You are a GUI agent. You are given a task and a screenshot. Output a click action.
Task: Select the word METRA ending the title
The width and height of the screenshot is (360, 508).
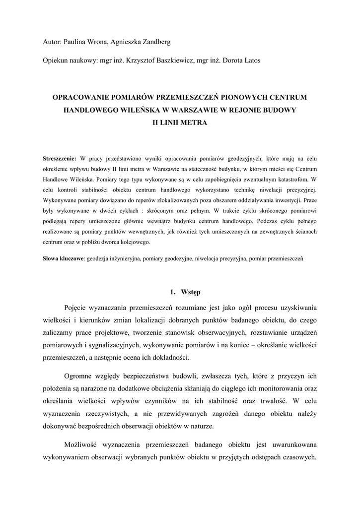[x=194, y=121]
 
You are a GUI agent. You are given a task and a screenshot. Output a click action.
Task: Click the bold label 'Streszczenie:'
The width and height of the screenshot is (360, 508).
[x=60, y=159]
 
